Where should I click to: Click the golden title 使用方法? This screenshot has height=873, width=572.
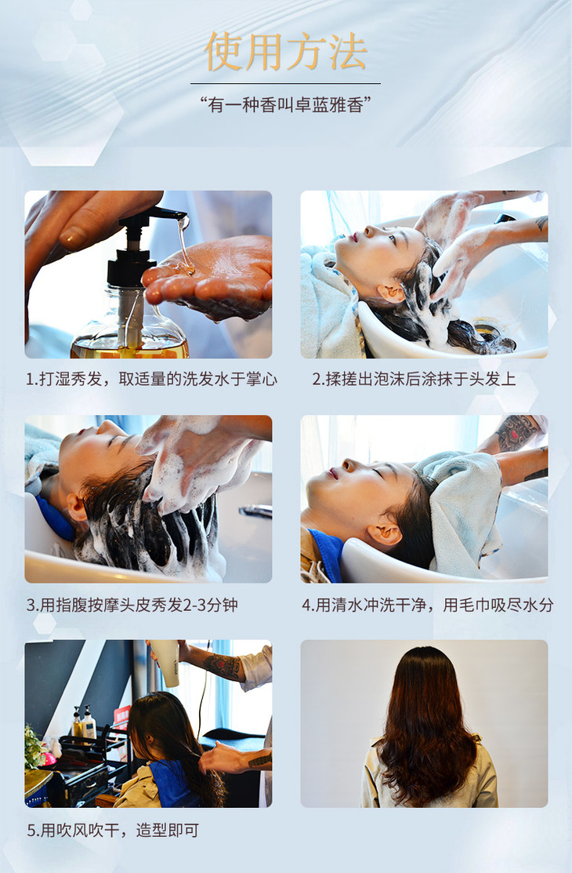click(286, 52)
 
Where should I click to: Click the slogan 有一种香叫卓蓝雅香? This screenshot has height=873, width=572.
click(286, 104)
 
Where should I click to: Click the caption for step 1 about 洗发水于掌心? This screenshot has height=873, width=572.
click(151, 380)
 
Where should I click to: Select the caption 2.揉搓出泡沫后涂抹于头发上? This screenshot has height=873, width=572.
click(414, 379)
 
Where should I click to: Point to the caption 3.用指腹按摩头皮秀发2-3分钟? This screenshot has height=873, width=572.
click(132, 605)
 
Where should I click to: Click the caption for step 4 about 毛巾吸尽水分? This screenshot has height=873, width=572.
click(427, 605)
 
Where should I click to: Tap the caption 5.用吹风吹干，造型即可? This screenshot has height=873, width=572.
click(113, 831)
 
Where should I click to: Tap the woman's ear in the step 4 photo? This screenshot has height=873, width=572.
click(385, 534)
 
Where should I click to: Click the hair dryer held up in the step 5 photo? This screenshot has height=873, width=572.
click(165, 662)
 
